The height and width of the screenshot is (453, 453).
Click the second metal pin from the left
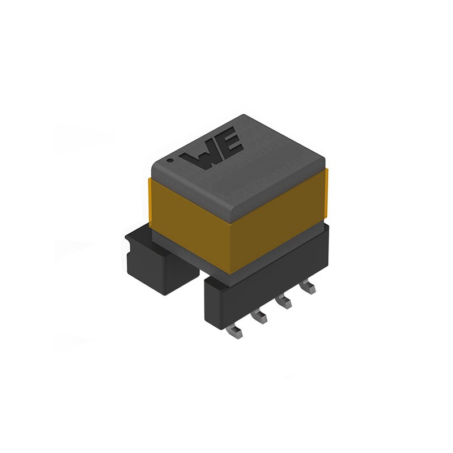[261, 317]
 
